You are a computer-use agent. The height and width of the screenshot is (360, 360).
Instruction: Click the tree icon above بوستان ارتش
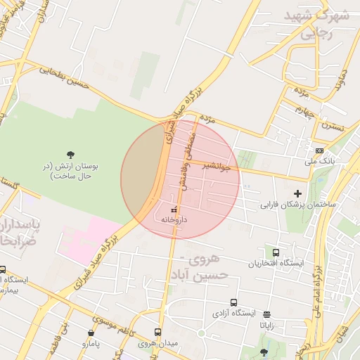pyautogui.click(x=70, y=155)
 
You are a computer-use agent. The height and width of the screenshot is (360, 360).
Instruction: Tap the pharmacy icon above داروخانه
pyautogui.click(x=174, y=210)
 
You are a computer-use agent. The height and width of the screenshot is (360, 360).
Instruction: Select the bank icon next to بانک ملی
pyautogui.click(x=320, y=150)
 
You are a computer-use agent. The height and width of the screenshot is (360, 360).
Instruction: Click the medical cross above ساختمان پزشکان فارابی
pyautogui.click(x=297, y=193)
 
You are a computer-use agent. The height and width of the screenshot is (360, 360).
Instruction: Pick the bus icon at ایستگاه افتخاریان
pyautogui.click(x=275, y=252)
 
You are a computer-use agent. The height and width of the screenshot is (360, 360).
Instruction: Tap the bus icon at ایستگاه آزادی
pyautogui.click(x=233, y=303)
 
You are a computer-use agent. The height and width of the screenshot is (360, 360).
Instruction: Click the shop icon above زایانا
pyautogui.click(x=266, y=314)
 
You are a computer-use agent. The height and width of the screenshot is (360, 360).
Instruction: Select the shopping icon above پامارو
pyautogui.click(x=91, y=333)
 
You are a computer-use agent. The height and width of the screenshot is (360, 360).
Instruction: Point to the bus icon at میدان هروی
pyautogui.click(x=157, y=333)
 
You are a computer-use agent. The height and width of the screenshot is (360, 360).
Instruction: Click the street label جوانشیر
pyautogui.click(x=217, y=167)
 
